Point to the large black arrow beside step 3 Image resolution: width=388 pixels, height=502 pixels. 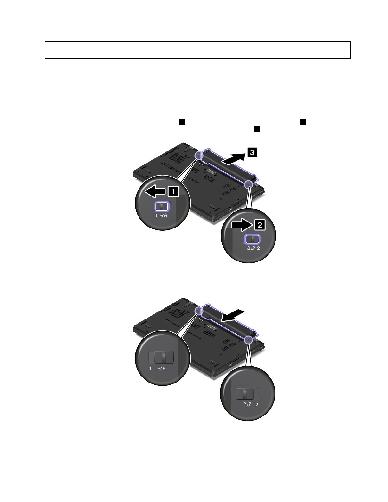tap(234, 159)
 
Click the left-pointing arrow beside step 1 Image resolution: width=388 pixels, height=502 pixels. tap(155, 192)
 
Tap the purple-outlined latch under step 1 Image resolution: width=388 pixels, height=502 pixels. tap(162, 207)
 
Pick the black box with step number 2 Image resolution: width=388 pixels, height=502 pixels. tap(260, 225)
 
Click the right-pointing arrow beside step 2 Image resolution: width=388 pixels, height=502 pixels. tap(242, 225)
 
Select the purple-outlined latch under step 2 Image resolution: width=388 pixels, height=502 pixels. tap(253, 239)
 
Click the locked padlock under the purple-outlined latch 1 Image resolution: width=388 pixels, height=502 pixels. tap(165, 216)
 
